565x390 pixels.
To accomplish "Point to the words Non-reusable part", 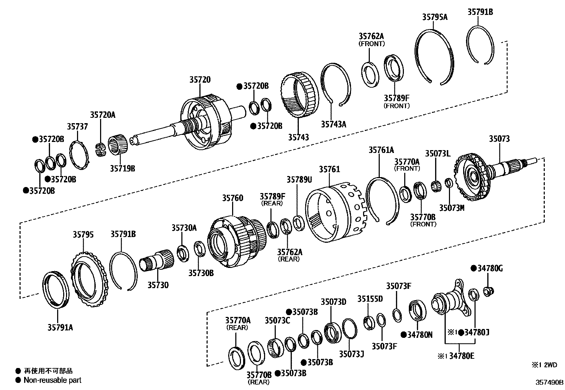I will (x=52, y=380).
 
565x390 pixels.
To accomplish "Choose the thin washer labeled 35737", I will (x=79, y=155).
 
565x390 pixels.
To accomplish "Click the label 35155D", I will (x=370, y=299).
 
